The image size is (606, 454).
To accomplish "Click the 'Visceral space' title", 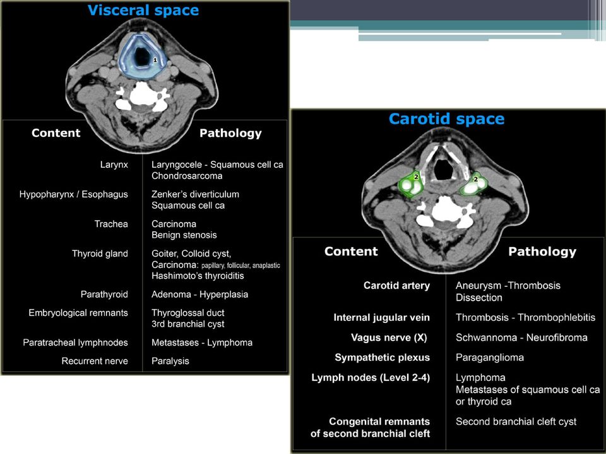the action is coord(143,10).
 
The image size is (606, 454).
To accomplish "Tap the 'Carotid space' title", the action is coord(446,119).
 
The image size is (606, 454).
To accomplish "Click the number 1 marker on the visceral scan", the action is coord(155,61).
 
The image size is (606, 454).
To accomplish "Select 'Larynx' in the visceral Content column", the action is coord(114,165).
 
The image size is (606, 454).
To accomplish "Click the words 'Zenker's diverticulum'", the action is coord(195,194).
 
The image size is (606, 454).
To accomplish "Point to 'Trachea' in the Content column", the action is coord(111,224).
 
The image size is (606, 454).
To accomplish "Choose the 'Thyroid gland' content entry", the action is coord(100,253).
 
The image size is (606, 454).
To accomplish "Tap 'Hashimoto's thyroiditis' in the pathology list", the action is coord(198,276).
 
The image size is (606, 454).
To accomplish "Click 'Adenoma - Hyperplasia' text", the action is coord(200,294).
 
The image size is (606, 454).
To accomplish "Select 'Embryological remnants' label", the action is coord(78,313).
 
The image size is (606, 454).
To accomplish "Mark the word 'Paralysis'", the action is coord(170,361).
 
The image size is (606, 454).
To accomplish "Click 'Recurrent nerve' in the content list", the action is coord(95,361).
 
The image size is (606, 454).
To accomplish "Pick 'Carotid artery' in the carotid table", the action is coord(396,286).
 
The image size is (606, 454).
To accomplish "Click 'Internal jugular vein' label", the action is coord(381,318).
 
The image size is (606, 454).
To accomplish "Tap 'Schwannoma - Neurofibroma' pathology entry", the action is coord(521,338).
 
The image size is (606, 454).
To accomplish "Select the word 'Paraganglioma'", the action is coord(490,358).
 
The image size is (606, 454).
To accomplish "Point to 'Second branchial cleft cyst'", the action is coord(516,422).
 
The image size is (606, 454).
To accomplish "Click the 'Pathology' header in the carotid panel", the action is coord(542,252).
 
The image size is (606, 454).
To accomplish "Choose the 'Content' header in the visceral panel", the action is coord(56,133).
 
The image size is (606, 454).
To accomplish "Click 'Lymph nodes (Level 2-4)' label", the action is coord(371,378).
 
